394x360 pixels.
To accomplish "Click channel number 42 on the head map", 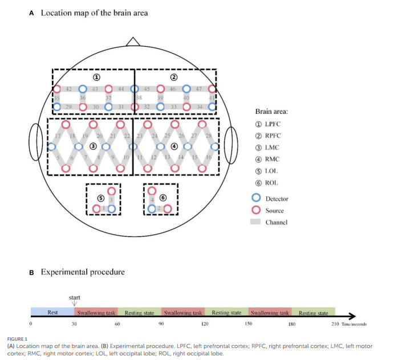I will [68, 89].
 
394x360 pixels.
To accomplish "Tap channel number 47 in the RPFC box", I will [199, 89].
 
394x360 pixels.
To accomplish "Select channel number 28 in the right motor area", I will [209, 137].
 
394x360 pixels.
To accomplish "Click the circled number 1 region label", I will [96, 76].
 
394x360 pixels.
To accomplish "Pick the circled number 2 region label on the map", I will [174, 76].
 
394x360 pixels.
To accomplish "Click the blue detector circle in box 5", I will [112, 209].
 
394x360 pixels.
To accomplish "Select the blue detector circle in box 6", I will [152, 209].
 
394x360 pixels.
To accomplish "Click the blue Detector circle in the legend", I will [257, 198].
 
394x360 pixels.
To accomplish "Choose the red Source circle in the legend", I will [257, 210].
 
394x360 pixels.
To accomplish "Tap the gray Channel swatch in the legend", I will [257, 222].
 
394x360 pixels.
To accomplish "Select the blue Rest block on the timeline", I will [52, 312].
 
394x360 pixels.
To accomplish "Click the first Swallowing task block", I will [96, 312].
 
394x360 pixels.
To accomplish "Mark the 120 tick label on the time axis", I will [205, 324].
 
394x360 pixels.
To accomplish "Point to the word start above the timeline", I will [74, 297].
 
